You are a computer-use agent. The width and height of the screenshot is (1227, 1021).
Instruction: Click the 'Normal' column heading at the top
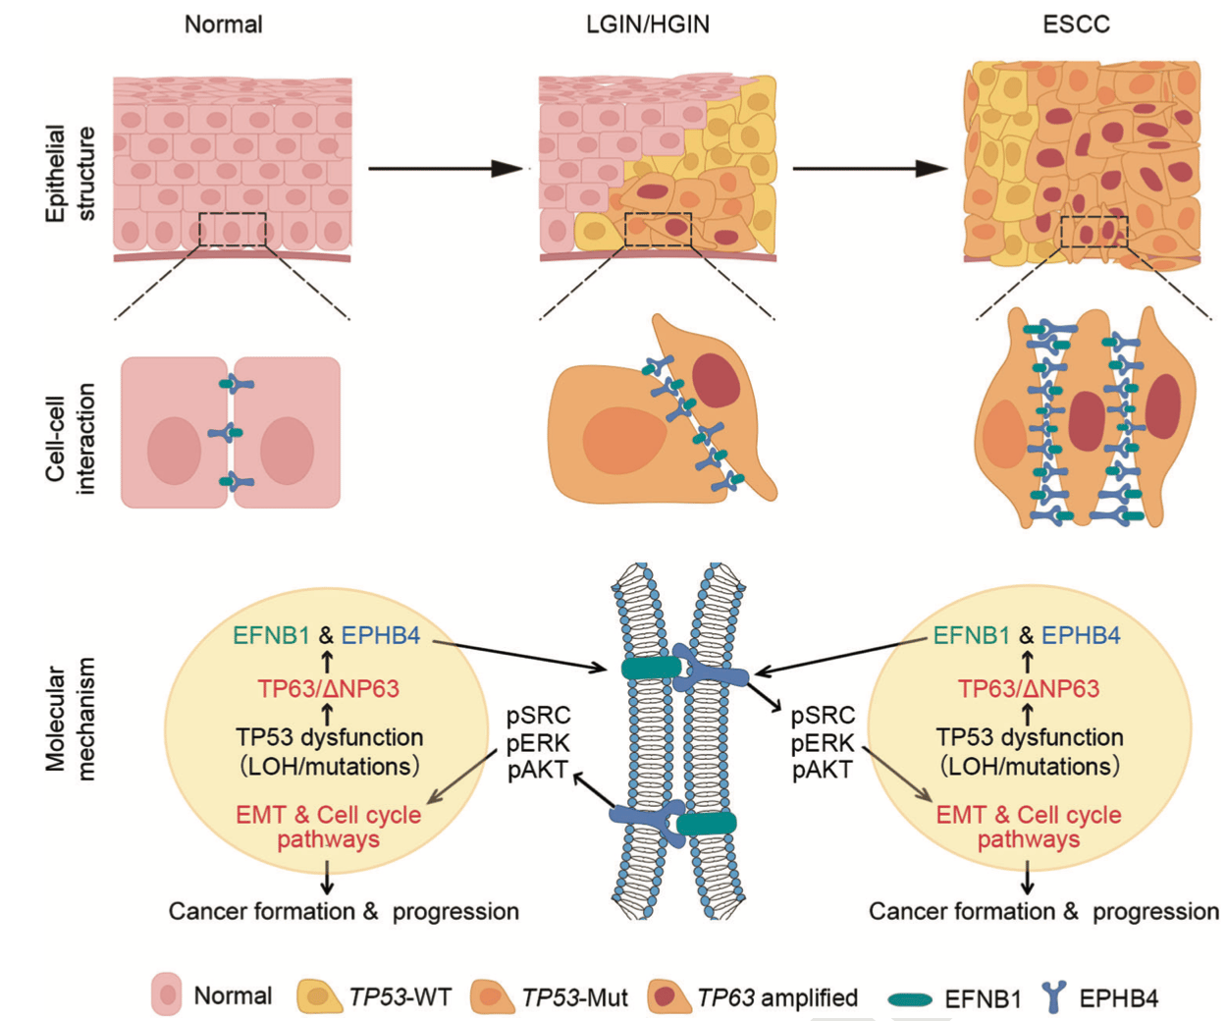point(223,25)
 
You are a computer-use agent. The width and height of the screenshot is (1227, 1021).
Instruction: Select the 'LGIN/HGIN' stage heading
point(647,25)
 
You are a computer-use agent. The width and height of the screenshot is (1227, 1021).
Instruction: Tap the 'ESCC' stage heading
point(1076,25)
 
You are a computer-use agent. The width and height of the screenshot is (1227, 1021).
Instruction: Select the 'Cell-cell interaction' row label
point(70,438)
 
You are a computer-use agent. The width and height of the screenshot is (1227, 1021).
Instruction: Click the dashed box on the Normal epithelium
point(232,229)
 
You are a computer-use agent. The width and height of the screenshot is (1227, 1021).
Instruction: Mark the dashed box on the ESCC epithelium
point(1094,232)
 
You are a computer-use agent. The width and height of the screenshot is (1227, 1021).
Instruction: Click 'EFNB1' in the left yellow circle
point(272,636)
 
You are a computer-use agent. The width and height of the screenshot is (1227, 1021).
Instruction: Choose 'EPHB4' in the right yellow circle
point(1081,636)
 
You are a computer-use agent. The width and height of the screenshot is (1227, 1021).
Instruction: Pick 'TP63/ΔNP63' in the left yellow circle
point(328,689)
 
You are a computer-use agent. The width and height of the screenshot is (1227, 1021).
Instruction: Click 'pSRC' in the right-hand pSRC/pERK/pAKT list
point(823,716)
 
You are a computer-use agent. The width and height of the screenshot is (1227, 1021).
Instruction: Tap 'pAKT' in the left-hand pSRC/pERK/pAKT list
point(538,771)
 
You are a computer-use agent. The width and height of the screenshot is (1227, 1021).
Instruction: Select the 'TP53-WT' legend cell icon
point(319,996)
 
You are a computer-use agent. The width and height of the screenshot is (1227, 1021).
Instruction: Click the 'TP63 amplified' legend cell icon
point(669,996)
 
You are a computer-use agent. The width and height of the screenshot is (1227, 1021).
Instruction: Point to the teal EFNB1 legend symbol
point(910,999)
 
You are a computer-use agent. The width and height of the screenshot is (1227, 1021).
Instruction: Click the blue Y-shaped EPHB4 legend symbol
point(1054,996)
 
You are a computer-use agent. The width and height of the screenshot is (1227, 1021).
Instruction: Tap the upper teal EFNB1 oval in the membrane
point(651,669)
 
